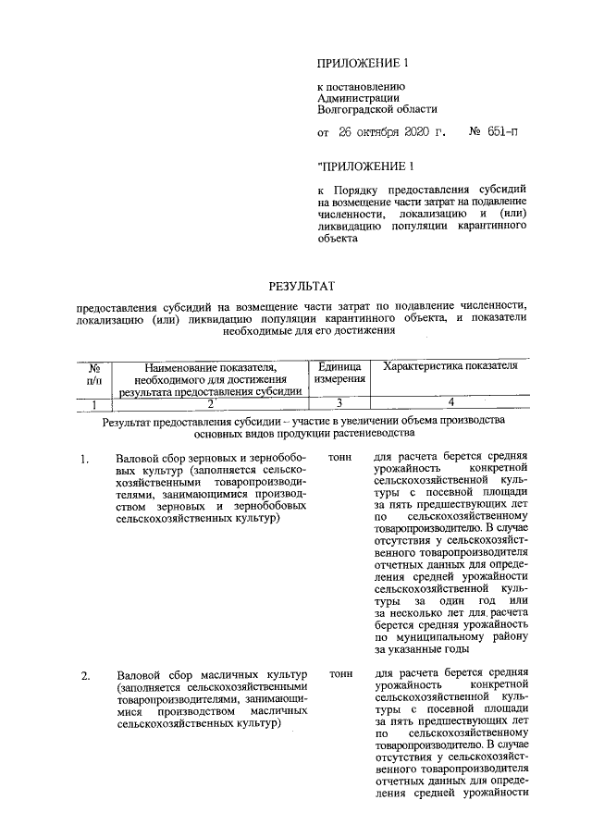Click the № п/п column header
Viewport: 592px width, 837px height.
93,373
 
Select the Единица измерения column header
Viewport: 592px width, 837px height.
339,373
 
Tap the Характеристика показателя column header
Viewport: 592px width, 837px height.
448,366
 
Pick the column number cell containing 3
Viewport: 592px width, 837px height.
339,402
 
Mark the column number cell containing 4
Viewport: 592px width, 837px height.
450,402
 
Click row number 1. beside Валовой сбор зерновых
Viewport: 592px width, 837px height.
85,458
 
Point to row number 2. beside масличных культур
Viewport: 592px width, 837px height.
85,676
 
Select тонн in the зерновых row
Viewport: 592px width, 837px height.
340,457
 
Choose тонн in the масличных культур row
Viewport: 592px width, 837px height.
340,675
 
